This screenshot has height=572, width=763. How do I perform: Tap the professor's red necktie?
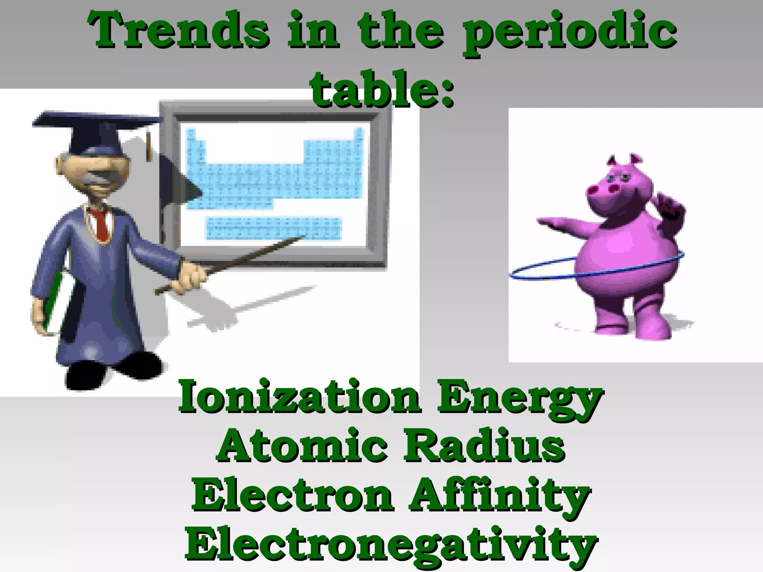101,223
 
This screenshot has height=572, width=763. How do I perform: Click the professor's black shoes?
112,371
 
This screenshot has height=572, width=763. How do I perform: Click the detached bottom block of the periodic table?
274,228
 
